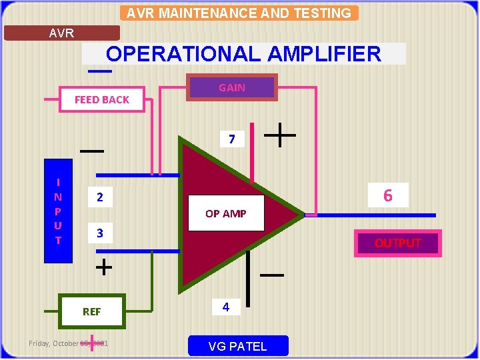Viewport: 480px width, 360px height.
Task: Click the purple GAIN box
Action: (232, 87)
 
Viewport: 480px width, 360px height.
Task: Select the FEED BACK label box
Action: (102, 99)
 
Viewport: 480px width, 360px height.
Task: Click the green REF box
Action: (92, 311)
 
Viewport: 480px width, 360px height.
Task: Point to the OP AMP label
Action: (226, 213)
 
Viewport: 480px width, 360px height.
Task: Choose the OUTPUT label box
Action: (397, 243)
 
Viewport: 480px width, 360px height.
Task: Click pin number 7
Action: (231, 139)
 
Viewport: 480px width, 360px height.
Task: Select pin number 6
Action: (387, 195)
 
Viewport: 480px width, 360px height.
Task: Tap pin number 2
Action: (100, 197)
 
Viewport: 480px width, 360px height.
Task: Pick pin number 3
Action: (100, 233)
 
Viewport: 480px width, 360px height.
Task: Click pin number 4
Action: (226, 307)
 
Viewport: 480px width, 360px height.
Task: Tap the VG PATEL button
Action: (238, 346)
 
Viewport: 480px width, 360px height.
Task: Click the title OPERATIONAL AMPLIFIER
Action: (244, 54)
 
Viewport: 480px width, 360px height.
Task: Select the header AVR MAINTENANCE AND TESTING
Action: (239, 13)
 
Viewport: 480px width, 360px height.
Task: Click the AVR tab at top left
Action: (62, 33)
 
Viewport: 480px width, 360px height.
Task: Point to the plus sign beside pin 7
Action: (281, 136)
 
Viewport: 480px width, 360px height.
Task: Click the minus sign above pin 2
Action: (92, 151)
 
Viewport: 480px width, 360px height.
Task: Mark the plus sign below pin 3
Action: (103, 268)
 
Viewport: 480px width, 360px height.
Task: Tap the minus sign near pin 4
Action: (271, 275)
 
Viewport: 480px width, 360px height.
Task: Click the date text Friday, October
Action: (54, 343)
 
